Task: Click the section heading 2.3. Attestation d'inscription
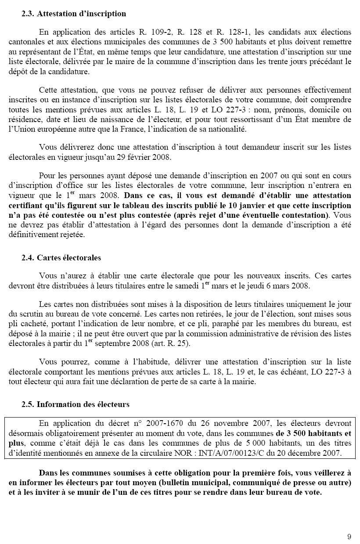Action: point(74,14)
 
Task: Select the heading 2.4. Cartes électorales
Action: point(61,258)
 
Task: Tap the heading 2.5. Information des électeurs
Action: point(76,404)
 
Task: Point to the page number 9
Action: point(349,536)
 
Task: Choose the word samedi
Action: point(181,286)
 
